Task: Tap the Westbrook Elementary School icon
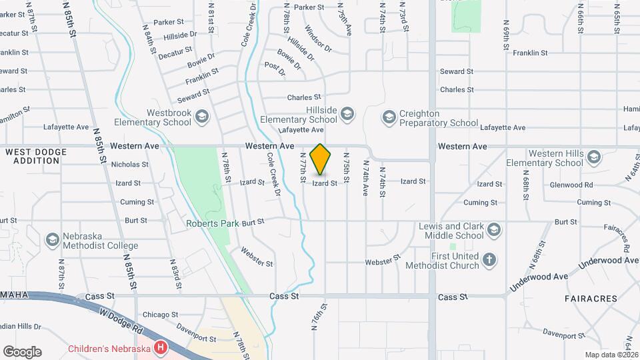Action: (202, 118)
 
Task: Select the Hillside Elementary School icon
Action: (346, 114)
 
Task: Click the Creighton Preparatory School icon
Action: (389, 118)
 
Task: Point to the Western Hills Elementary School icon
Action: (594, 158)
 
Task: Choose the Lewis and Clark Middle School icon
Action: (494, 231)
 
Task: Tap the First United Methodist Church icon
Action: (489, 260)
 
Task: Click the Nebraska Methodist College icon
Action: (52, 240)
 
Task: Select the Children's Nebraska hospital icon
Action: (160, 348)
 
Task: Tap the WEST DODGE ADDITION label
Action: (36, 157)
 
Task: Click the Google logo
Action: (22, 351)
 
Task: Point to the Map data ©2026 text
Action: (611, 355)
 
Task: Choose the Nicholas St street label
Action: (130, 164)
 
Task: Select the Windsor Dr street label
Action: (317, 38)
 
